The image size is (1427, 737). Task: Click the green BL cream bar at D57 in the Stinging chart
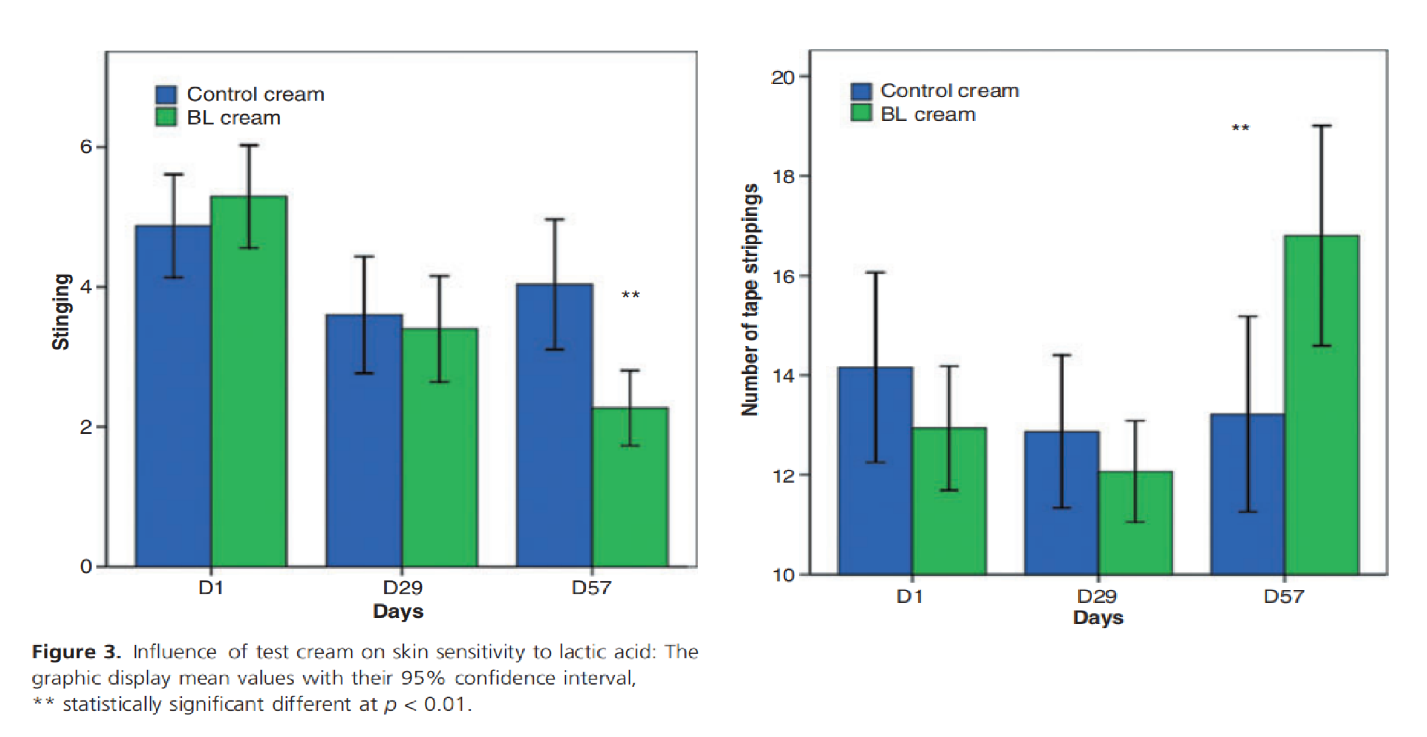click(630, 488)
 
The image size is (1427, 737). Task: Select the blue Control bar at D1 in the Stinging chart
click(173, 397)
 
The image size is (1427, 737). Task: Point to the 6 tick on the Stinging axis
click(86, 146)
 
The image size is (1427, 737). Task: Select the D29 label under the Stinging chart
click(403, 588)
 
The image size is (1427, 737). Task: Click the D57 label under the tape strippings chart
click(1284, 596)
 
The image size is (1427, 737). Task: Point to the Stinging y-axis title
click(60, 312)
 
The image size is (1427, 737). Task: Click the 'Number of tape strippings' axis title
click(750, 300)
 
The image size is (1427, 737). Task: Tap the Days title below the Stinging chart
click(398, 611)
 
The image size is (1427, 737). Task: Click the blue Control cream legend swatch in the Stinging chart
click(166, 95)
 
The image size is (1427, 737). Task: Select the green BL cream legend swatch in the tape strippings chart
click(861, 113)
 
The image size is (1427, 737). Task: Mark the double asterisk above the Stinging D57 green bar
click(630, 295)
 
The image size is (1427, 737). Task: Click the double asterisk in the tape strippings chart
click(1240, 128)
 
